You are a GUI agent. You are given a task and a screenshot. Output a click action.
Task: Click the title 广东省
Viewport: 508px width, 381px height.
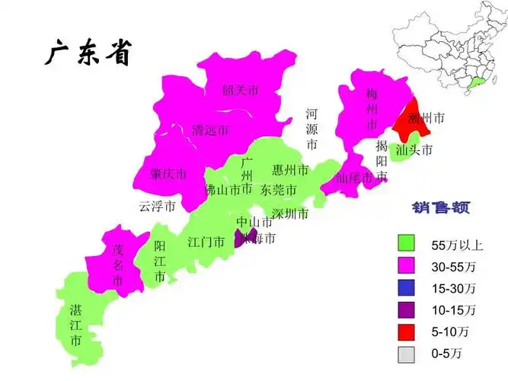(85, 53)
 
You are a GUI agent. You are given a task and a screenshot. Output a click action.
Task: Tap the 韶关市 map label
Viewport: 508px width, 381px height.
(240, 91)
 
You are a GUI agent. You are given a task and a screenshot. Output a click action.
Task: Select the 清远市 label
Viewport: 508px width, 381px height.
(209, 130)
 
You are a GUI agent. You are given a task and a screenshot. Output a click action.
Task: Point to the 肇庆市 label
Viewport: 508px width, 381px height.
(168, 174)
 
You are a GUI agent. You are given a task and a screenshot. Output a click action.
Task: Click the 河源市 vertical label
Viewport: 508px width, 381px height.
(312, 128)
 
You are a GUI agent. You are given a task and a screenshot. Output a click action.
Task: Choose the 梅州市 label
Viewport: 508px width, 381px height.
(372, 110)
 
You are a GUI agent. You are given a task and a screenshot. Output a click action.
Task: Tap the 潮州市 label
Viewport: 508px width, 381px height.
(426, 118)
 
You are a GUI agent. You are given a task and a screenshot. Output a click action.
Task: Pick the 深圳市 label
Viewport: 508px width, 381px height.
(290, 213)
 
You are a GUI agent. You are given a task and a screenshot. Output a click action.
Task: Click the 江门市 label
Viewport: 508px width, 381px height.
(206, 242)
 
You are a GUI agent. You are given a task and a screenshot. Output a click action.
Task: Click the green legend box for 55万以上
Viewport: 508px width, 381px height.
(407, 244)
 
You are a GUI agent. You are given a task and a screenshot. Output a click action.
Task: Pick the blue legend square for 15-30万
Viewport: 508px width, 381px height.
(407, 288)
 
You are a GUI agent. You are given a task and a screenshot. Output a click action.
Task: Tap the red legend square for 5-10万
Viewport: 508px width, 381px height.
(407, 332)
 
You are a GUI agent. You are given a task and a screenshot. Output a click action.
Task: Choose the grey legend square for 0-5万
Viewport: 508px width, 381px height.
(407, 354)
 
